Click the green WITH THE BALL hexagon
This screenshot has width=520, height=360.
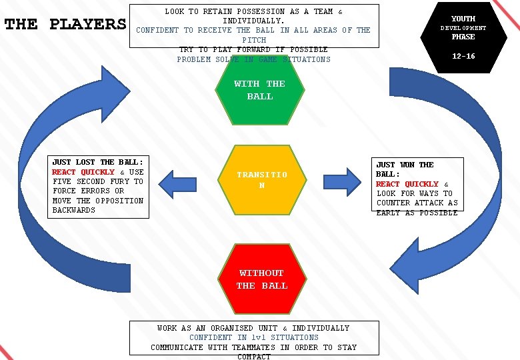click(x=259, y=90)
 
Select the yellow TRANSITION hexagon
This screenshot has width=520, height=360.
click(x=261, y=180)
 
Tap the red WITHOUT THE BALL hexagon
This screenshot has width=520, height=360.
click(x=261, y=279)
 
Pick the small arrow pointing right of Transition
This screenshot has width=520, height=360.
click(x=345, y=181)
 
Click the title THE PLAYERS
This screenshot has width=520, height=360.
click(x=65, y=25)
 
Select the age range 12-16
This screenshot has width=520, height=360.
click(x=463, y=57)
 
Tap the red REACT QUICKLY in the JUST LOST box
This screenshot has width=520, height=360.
click(x=83, y=172)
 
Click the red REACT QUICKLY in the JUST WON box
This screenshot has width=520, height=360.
click(x=407, y=184)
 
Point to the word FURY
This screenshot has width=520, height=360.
click(x=120, y=181)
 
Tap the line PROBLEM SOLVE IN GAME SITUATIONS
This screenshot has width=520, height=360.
click(x=253, y=59)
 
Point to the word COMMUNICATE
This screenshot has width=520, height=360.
click(x=176, y=347)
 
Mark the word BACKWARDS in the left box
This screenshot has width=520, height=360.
click(x=74, y=210)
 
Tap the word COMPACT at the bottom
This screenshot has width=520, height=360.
click(x=254, y=357)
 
